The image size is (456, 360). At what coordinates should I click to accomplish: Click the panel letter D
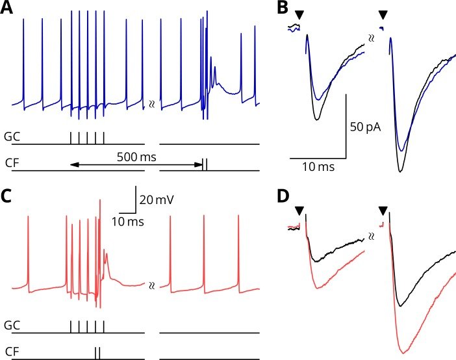point(282,195)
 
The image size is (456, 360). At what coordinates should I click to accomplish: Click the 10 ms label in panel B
point(318,168)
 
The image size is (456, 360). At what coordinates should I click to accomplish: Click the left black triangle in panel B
point(299,14)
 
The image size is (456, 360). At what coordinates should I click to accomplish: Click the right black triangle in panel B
point(383,14)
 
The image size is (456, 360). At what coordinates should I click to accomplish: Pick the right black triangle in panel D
point(383,209)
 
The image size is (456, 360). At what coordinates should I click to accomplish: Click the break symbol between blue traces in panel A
point(152,103)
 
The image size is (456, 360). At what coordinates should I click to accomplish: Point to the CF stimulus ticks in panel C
point(97,353)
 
